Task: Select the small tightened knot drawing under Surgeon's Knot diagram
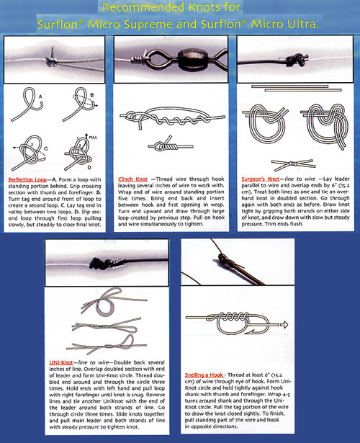(289, 162)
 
